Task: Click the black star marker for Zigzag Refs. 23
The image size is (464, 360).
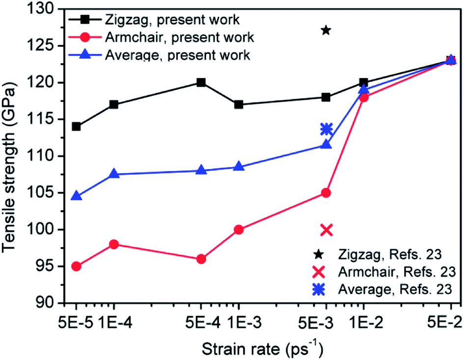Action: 326,30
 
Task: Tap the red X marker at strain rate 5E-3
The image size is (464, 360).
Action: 326,229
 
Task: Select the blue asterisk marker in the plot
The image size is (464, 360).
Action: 326,129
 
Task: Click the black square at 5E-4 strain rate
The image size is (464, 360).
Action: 201,83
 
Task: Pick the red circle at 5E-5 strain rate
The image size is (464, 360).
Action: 76,266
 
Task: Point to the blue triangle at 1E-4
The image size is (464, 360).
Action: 114,174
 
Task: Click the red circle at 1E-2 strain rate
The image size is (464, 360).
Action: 364,97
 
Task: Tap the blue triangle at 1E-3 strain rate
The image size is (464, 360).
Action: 239,166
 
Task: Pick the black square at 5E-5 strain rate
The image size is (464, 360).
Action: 76,127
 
